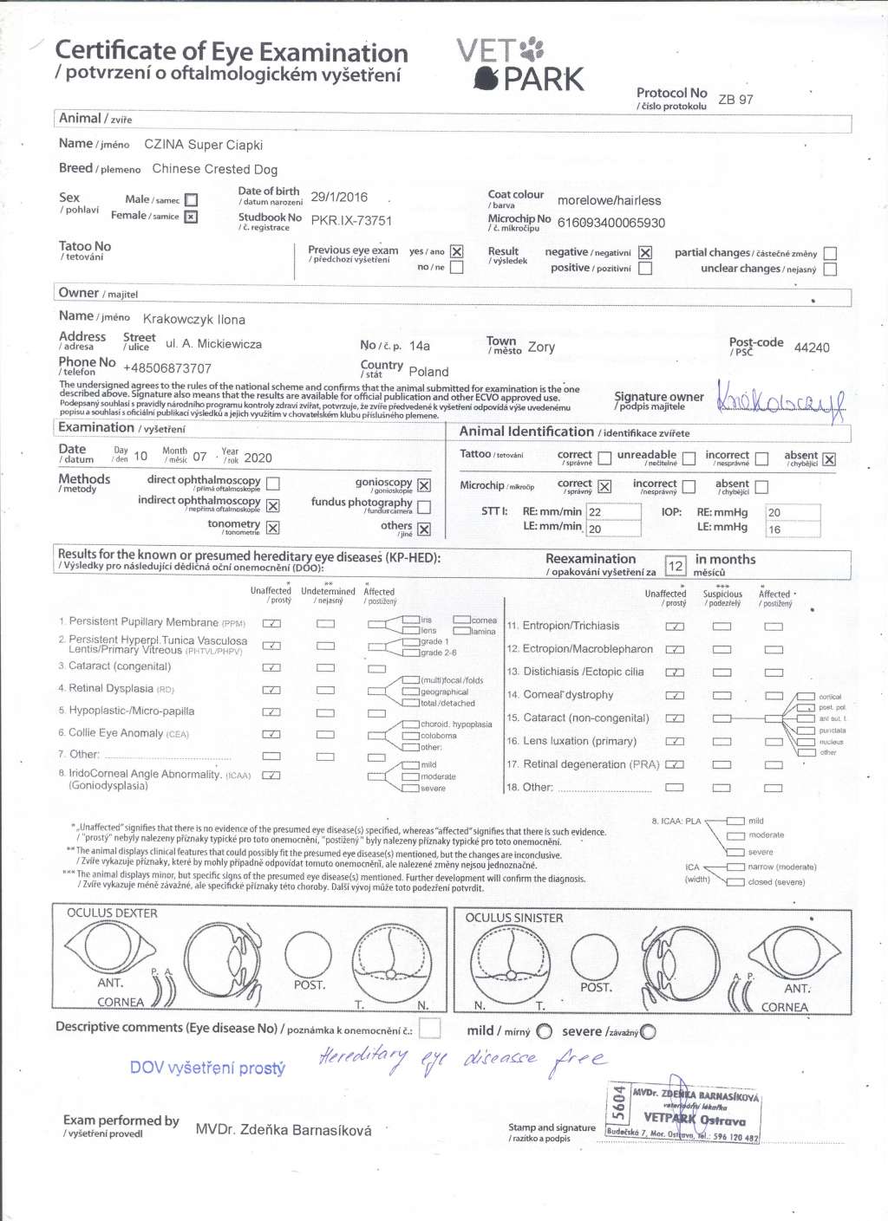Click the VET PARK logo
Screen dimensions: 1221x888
click(x=520, y=65)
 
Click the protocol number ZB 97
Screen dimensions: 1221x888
click(x=735, y=100)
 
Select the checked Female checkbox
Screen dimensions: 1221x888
click(x=192, y=217)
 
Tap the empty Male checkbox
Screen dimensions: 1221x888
click(x=192, y=200)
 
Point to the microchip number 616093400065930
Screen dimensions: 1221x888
click(x=610, y=223)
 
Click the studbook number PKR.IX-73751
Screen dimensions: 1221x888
click(x=351, y=221)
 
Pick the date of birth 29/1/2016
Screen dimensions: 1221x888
click(x=339, y=197)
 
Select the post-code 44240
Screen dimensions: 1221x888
click(x=812, y=347)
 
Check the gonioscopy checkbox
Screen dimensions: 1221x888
click(x=424, y=485)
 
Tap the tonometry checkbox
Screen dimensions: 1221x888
click(x=272, y=528)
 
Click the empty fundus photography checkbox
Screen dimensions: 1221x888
click(x=424, y=506)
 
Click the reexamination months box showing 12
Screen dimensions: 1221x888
click(x=676, y=566)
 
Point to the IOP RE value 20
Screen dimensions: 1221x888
click(x=774, y=512)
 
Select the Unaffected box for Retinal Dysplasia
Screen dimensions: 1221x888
click(x=271, y=690)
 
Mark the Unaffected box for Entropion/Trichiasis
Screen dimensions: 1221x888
click(x=674, y=627)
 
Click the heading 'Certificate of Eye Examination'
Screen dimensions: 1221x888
click(x=232, y=52)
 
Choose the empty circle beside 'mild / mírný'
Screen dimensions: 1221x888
click(x=544, y=1031)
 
